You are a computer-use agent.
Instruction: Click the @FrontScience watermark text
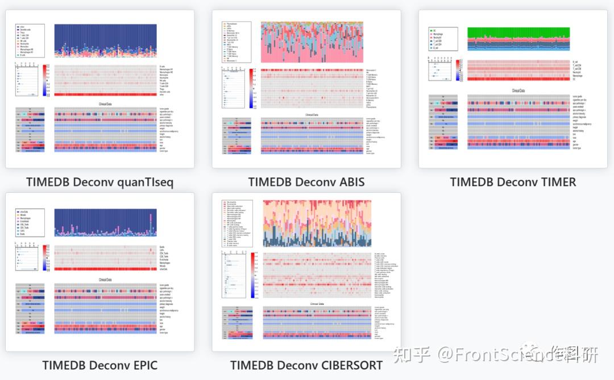pos(490,355)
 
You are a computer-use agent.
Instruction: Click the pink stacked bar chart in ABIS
pos(312,43)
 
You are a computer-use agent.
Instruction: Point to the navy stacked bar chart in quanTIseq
pos(105,40)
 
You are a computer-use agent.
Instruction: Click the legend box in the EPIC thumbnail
pos(30,222)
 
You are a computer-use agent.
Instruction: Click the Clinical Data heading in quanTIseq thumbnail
pos(105,104)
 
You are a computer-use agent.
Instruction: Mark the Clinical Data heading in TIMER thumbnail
pos(518,90)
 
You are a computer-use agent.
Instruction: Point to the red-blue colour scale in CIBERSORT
pos(253,275)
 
